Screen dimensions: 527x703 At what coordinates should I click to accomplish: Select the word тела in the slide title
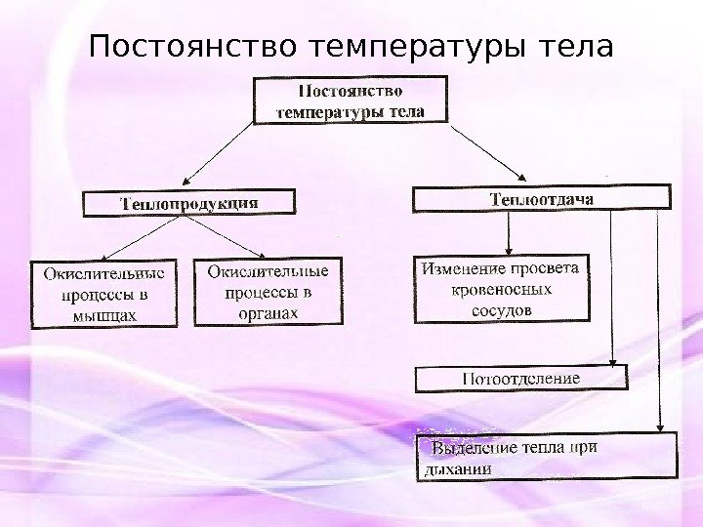(x=579, y=46)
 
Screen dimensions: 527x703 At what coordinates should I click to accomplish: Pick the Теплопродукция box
(x=188, y=203)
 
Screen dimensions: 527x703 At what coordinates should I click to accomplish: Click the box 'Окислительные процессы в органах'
(x=269, y=290)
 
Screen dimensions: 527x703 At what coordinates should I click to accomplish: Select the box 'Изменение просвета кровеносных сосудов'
(x=502, y=289)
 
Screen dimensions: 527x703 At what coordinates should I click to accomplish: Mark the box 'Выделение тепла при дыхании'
(x=544, y=457)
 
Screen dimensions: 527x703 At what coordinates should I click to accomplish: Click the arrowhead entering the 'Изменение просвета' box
(x=508, y=248)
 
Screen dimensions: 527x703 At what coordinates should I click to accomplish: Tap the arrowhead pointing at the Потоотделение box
(x=611, y=359)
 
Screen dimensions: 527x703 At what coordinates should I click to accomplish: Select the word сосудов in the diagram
(x=501, y=310)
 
